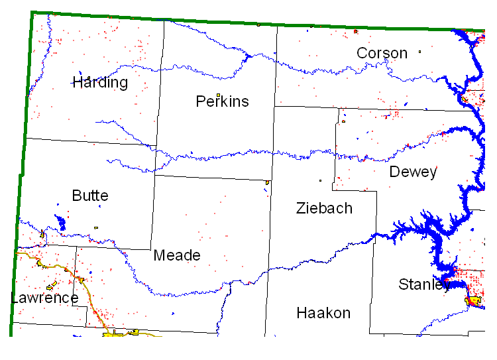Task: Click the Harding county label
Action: point(100,83)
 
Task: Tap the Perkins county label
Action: point(223,101)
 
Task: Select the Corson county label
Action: point(382,53)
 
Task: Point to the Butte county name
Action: point(90,196)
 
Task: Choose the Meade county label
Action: point(177,256)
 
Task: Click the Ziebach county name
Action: point(324,209)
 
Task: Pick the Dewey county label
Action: point(413,172)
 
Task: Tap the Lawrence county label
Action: point(45,298)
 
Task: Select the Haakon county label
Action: point(323,313)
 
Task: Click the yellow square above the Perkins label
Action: point(218,95)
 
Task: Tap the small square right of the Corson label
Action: point(419,51)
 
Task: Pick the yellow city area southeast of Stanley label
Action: point(473,301)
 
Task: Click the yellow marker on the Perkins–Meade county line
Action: point(267,182)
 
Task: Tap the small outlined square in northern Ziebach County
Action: point(320,180)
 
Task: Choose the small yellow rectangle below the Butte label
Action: point(96,228)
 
